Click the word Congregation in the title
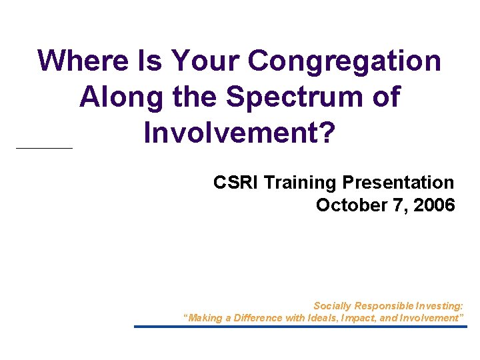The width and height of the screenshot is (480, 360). [344, 61]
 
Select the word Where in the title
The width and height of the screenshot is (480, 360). [81, 61]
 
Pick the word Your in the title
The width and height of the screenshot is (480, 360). [205, 61]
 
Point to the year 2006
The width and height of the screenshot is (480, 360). [434, 205]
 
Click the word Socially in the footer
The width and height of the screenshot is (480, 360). [332, 306]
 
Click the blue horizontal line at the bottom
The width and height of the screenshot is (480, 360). [300, 327]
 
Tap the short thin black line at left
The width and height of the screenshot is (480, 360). [43, 147]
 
